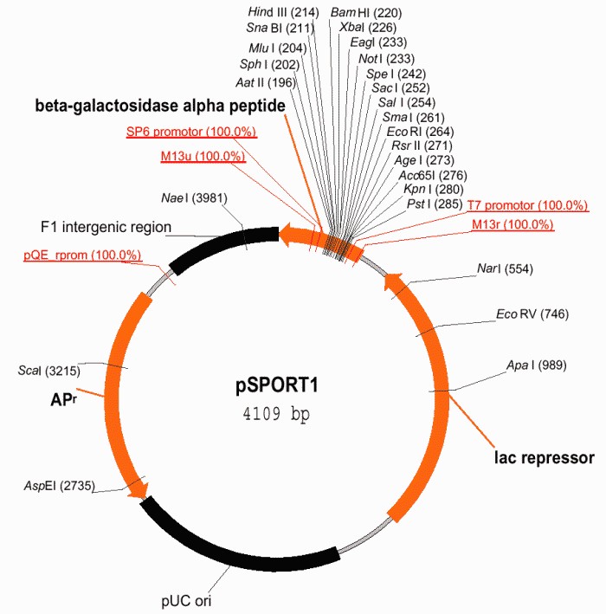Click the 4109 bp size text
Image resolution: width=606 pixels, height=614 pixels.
click(x=276, y=414)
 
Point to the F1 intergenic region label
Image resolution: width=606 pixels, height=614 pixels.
click(x=106, y=227)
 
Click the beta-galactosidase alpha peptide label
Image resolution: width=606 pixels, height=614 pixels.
click(x=160, y=106)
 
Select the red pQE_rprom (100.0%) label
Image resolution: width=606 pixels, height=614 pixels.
click(x=81, y=255)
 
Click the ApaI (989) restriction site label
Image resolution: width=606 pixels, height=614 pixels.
click(x=537, y=365)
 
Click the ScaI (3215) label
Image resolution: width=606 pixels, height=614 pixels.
click(x=49, y=371)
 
